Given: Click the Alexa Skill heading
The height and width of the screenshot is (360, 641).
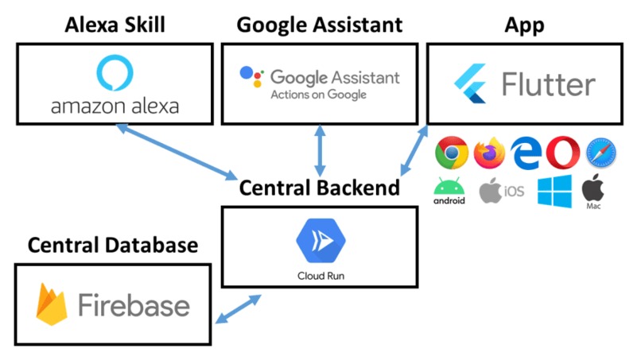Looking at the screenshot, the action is pos(115,25).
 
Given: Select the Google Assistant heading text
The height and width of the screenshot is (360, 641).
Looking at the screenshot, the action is pos(320,25).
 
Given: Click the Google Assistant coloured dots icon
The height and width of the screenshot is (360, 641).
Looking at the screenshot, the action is pos(251,76).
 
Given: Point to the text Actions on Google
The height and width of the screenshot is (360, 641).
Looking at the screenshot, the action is pos(318,95).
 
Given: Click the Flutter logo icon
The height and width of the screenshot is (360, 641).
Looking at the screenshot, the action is pos(471,83).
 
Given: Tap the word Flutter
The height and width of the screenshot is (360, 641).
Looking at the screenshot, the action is pos(548,84).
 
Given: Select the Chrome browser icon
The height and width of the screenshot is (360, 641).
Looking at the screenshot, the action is pos(452,153).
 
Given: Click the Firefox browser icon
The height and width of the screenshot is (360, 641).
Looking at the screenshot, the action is pos(489,153).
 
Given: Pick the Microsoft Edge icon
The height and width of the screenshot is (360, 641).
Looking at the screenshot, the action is pos(526,153).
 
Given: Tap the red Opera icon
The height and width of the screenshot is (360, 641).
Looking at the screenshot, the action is pos(563,153).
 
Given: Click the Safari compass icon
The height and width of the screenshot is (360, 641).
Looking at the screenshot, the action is pos(601,153).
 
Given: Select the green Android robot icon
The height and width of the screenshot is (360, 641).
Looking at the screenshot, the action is pos(449,186).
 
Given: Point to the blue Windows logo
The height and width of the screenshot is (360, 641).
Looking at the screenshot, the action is pos(555,192).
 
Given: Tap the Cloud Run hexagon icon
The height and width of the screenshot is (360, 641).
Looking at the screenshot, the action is pos(321,241).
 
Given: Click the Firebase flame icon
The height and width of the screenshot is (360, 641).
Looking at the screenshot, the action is pos(52,304).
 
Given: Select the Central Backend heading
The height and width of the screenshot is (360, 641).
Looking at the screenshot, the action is pos(319,188).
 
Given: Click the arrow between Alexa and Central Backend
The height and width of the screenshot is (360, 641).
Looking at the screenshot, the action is pos(177,152).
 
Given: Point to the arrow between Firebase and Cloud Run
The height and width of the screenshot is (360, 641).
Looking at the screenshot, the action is pos(239,309).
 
